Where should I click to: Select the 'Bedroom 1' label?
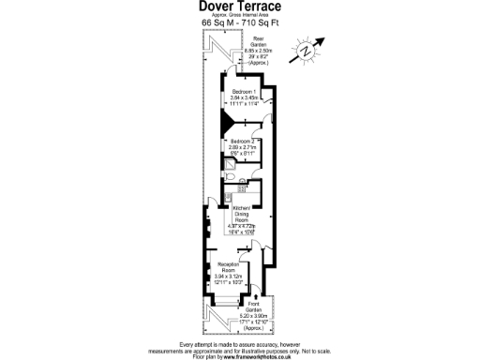coord(246,91)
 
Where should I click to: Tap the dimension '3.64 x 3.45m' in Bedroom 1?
coord(246,97)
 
